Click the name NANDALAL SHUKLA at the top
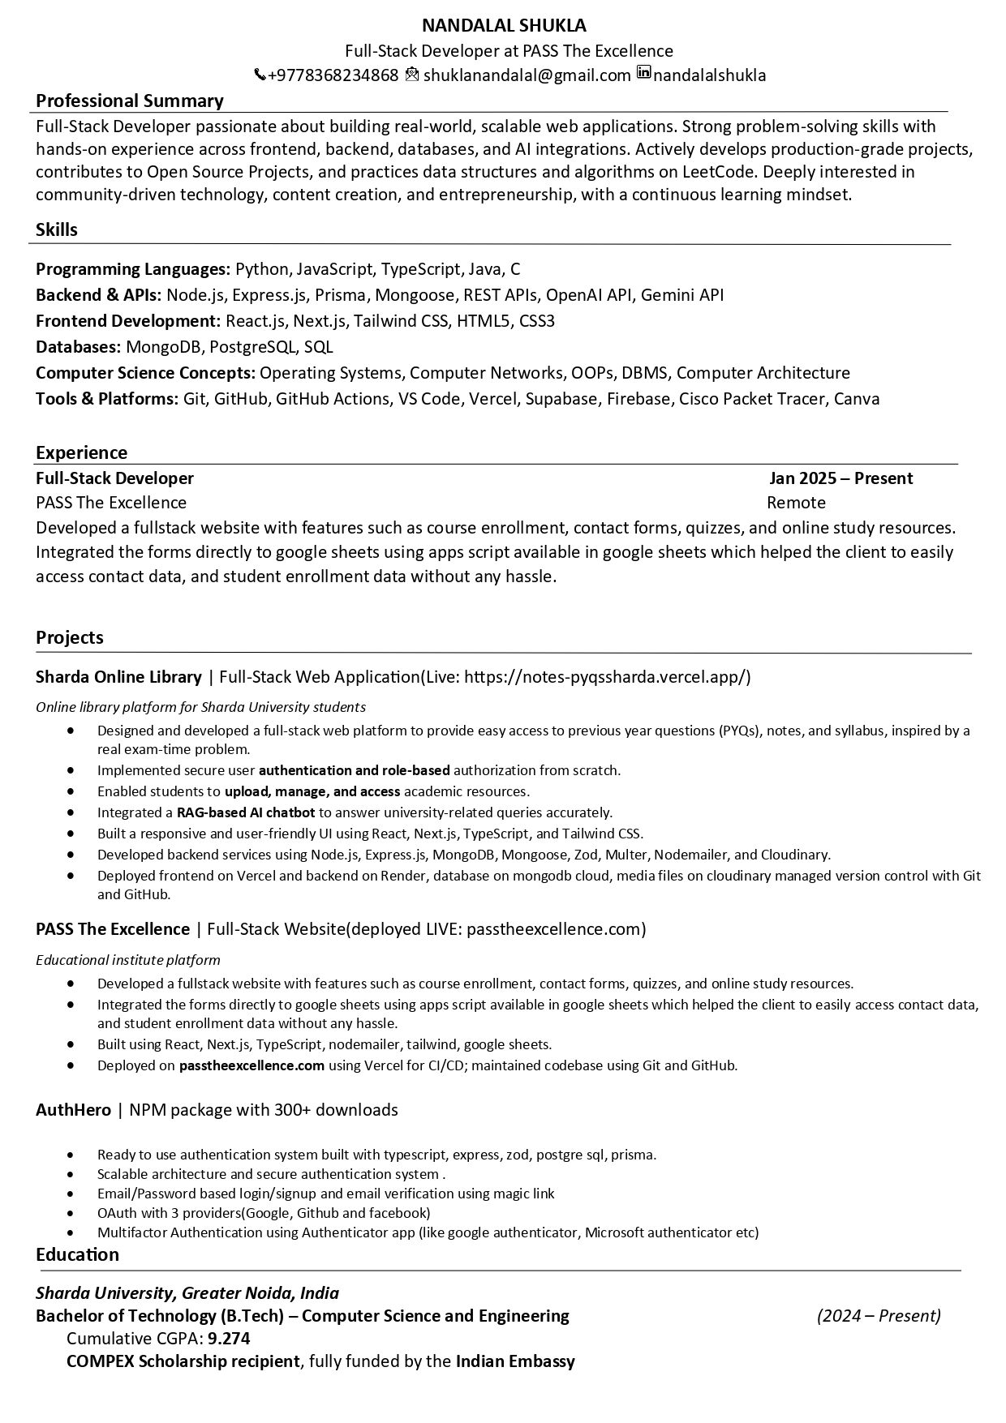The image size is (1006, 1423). click(x=504, y=25)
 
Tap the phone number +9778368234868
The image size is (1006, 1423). click(x=333, y=75)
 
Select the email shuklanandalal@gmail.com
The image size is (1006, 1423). click(x=527, y=75)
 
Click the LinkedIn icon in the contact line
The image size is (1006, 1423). click(x=643, y=73)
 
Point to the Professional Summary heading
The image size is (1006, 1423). click(x=130, y=101)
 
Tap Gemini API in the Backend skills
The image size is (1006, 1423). click(x=681, y=295)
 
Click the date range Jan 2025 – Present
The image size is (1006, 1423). click(x=840, y=478)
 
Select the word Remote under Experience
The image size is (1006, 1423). click(x=796, y=503)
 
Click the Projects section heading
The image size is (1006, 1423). click(x=70, y=637)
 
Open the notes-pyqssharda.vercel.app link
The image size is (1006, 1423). click(x=608, y=677)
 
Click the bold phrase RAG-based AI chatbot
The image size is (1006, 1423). click(x=245, y=812)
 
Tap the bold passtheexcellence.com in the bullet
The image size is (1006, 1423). click(x=251, y=1065)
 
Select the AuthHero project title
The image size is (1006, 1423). click(x=73, y=1109)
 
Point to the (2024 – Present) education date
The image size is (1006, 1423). click(x=879, y=1315)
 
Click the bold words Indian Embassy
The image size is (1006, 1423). click(x=515, y=1361)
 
